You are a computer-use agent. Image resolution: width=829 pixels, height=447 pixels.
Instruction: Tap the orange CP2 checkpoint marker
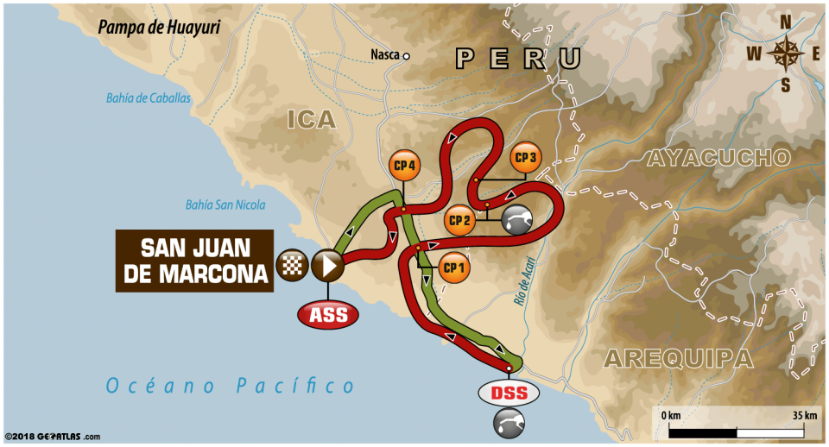click(459, 220)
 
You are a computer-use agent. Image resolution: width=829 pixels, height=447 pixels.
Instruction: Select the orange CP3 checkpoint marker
click(526, 158)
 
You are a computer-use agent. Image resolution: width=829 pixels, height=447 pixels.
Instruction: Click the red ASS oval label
click(329, 315)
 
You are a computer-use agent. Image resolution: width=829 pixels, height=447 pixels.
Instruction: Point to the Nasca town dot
click(406, 56)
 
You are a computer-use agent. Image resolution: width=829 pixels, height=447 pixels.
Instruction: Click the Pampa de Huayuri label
click(159, 27)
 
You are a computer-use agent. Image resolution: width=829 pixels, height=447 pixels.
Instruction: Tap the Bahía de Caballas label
click(149, 98)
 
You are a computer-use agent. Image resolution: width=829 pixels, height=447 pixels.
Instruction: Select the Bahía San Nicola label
click(225, 205)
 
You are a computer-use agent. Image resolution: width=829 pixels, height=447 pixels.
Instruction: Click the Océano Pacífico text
click(230, 386)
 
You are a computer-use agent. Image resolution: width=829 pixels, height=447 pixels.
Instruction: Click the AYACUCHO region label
click(718, 157)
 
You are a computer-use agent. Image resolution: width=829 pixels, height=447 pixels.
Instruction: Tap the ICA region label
click(310, 119)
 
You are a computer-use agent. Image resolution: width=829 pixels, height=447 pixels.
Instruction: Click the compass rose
click(785, 54)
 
